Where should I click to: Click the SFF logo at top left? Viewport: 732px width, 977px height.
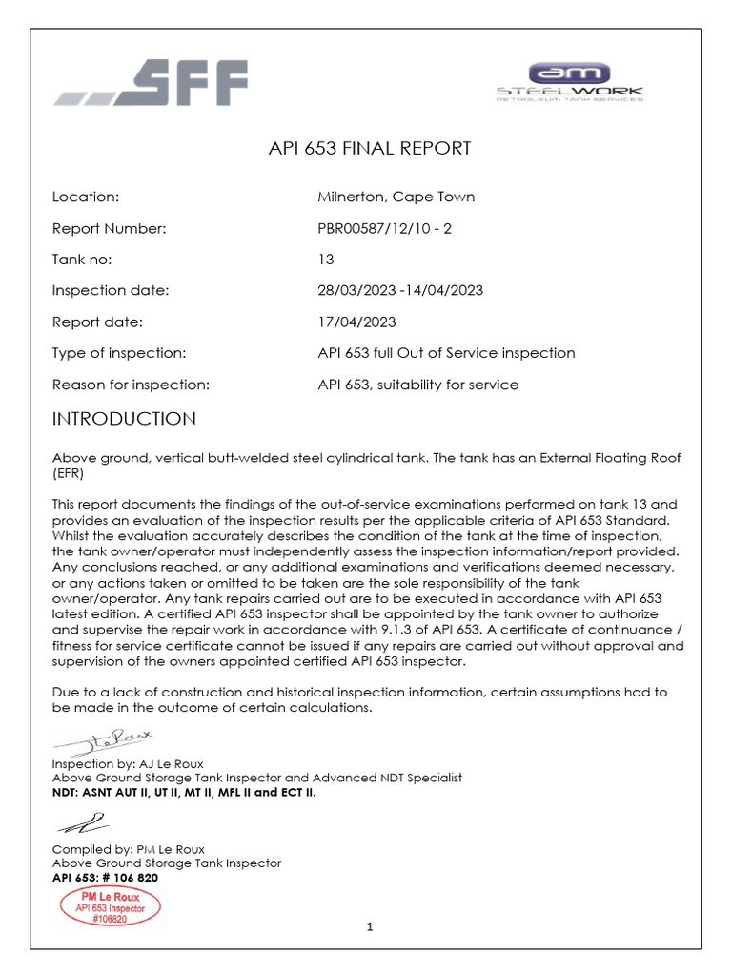tap(151, 83)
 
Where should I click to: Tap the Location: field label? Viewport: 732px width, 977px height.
tap(85, 197)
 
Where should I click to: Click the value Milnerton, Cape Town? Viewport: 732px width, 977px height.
tap(396, 197)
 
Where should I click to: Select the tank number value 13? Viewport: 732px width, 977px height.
tap(325, 260)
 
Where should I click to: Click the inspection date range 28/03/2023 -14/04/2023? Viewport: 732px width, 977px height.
tap(405, 291)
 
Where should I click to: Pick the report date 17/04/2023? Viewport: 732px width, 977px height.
tap(356, 322)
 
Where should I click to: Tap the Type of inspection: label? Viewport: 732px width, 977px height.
tap(118, 353)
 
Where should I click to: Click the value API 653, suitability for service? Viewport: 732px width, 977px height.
tap(417, 385)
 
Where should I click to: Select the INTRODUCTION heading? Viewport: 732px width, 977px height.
tap(124, 419)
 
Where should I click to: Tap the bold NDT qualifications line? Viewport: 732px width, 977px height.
tap(184, 792)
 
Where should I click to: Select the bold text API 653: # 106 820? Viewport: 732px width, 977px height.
tap(105, 878)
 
